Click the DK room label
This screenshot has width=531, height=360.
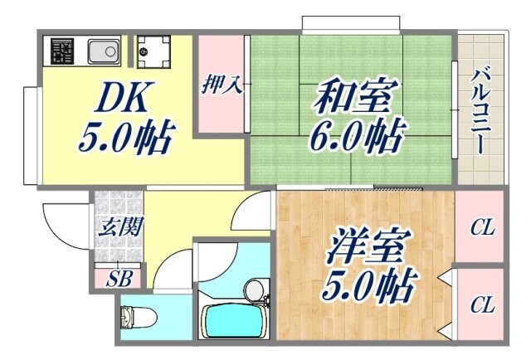click(x=122, y=100)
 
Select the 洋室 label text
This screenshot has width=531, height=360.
click(x=367, y=250)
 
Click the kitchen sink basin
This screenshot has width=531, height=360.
click(x=104, y=51)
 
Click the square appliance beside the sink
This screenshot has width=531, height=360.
click(x=153, y=51)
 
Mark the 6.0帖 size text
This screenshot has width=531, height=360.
click(x=354, y=133)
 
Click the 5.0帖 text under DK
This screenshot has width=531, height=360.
click(x=124, y=137)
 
